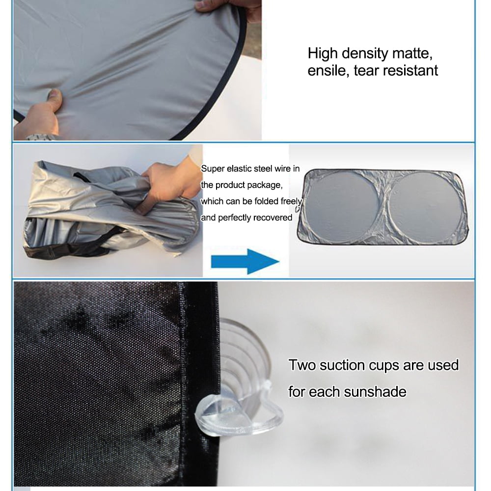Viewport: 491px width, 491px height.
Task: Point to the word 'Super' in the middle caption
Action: tap(212, 169)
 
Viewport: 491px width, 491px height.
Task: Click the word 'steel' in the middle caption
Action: tap(265, 169)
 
